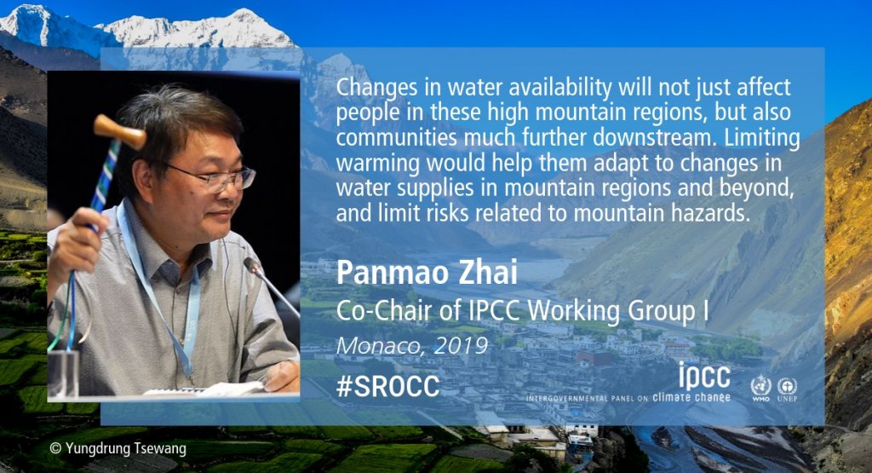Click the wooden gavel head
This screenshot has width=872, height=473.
click(x=119, y=131)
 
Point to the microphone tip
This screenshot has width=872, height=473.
click(x=251, y=266)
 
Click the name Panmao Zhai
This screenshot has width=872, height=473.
click(x=427, y=272)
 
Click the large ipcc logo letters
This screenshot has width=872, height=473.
click(x=704, y=376)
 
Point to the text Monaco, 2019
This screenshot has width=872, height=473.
click(x=412, y=345)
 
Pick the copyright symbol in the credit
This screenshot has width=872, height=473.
click(x=55, y=448)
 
